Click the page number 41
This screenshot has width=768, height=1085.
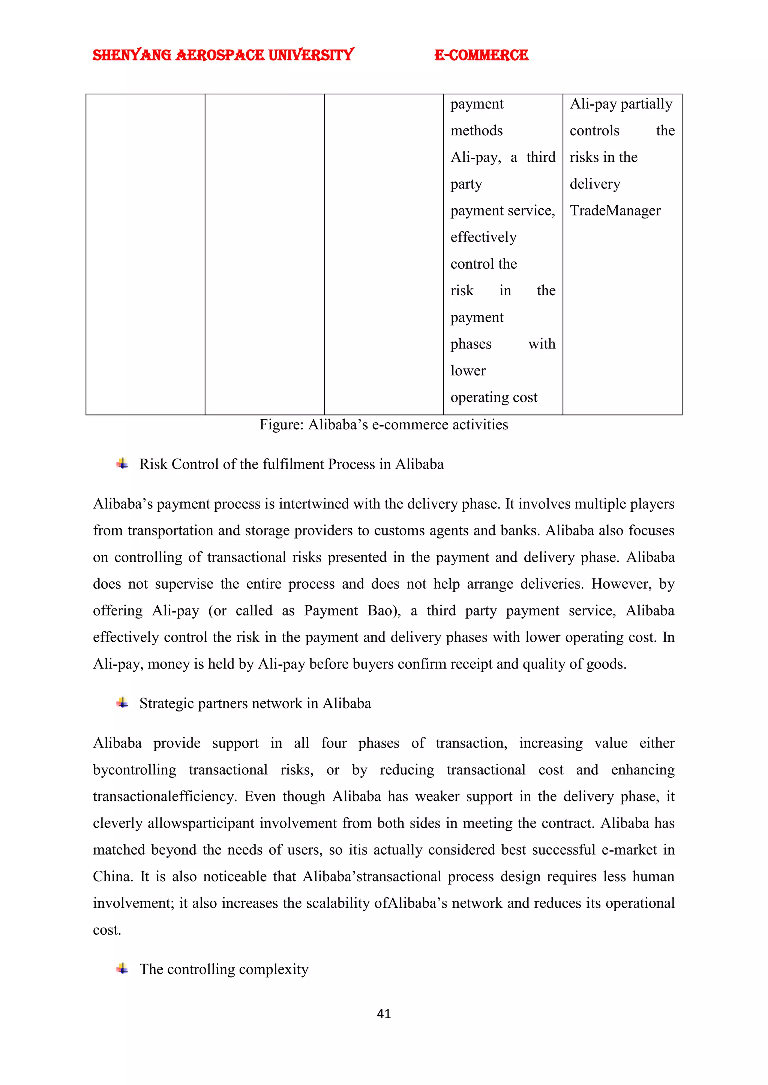pyautogui.click(x=384, y=1014)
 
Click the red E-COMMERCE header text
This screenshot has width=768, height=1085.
pyautogui.click(x=481, y=55)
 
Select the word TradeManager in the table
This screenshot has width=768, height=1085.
pyautogui.click(x=615, y=210)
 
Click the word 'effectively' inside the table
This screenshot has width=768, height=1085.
pyautogui.click(x=483, y=237)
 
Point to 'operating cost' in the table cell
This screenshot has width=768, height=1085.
pyautogui.click(x=494, y=398)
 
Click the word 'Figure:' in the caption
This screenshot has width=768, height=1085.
pyautogui.click(x=281, y=425)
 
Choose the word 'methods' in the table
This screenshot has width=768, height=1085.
pyautogui.click(x=476, y=130)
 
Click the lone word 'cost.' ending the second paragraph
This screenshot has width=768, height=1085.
pyautogui.click(x=107, y=930)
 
